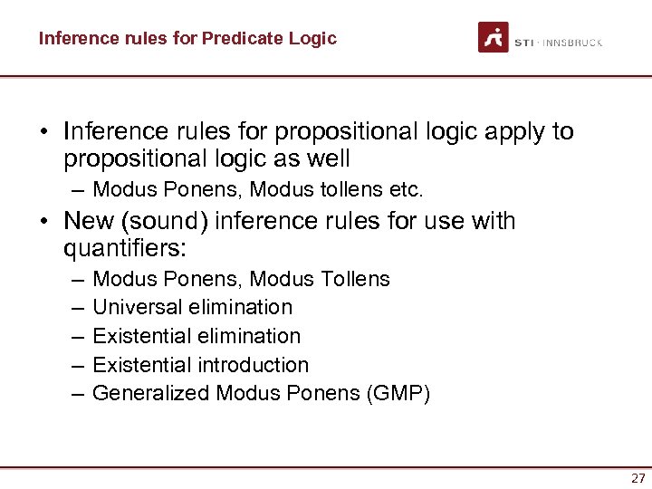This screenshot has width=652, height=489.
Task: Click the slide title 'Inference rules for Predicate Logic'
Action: (187, 39)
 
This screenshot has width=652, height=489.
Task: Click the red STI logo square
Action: (494, 37)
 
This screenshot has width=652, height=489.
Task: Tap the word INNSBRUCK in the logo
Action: (574, 43)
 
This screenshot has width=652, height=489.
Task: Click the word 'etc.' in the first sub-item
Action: (406, 190)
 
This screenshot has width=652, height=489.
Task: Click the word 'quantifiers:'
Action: (125, 249)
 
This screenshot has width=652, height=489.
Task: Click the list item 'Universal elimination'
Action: (193, 307)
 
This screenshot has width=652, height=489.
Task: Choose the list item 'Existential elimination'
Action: (197, 336)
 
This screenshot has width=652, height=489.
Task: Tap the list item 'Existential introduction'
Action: (201, 365)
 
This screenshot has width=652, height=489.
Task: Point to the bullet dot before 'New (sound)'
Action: (43, 222)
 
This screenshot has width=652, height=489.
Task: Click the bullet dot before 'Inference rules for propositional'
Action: (43, 133)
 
